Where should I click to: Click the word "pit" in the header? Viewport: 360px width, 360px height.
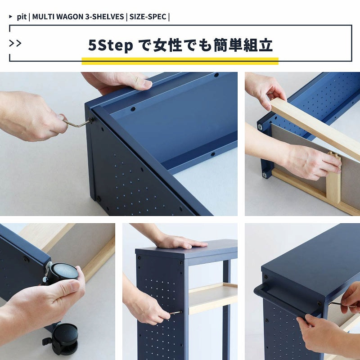22,17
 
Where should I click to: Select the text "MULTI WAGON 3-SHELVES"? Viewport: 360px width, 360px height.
78,17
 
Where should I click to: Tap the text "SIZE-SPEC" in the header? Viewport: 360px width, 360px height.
148,17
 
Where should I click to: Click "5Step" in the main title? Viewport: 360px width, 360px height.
111,45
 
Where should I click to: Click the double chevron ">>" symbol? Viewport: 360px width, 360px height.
15,43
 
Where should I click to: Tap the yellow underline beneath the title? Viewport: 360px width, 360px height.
180,61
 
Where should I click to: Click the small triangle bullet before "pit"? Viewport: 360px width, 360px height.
10,17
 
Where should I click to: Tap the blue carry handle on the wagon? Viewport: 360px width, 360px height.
287,298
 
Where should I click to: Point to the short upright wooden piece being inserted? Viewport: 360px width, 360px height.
333,178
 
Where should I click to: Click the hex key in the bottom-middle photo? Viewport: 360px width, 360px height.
175,312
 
